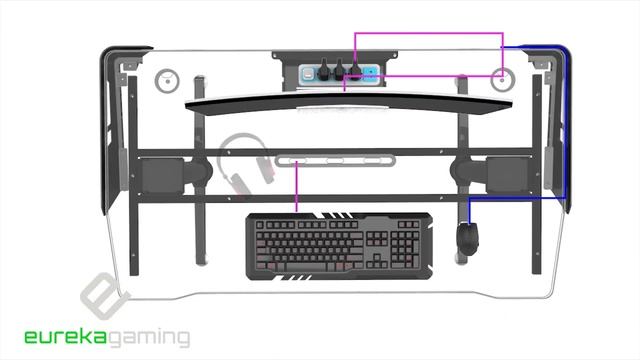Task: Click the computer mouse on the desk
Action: click(x=467, y=238)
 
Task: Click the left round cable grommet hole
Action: click(x=167, y=80)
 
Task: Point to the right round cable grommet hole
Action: click(x=502, y=80)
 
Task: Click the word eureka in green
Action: click(x=66, y=337)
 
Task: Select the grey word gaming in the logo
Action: click(x=149, y=338)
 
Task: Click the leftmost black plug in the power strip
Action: click(x=323, y=71)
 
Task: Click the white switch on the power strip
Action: click(x=307, y=75)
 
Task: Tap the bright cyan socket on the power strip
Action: click(x=371, y=74)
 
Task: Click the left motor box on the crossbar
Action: click(x=162, y=176)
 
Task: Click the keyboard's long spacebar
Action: click(x=306, y=267)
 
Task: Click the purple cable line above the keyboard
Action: click(x=297, y=186)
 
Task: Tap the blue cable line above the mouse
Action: click(x=469, y=211)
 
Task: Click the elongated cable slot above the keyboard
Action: click(x=335, y=161)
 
